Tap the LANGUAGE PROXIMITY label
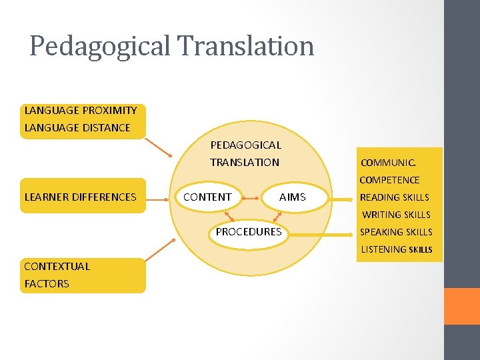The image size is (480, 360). tap(81, 111)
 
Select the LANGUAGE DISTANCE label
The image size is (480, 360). tap(77, 128)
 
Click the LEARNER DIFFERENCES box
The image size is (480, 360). tap(81, 197)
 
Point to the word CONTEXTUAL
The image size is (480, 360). tap(57, 267)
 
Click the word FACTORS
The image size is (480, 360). tap(47, 284)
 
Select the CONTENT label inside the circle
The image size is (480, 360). tap(207, 197)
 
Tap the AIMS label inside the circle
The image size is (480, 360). tap(293, 197)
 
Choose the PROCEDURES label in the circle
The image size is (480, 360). tap(249, 232)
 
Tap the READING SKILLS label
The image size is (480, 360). tap(395, 197)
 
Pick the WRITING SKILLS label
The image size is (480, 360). tap(396, 215)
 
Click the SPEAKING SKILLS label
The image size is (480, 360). tap(396, 232)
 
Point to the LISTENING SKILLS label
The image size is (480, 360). tap(397, 249)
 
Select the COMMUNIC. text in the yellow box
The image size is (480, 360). tap(388, 163)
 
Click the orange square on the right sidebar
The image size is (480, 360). tap(462, 306)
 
